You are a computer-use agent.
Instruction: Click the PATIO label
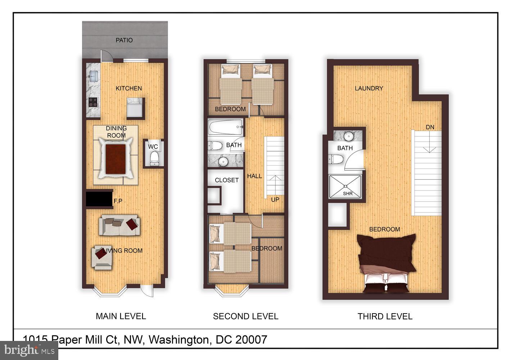point(124,40)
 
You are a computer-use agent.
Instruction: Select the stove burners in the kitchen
point(93,102)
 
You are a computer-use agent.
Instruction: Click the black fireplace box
point(99,199)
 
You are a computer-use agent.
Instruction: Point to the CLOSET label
point(227,180)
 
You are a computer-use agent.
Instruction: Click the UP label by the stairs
point(275,199)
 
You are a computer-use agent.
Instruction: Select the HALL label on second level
point(254,176)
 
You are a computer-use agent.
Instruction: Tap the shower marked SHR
point(345,186)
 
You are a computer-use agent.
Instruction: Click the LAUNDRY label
point(369,88)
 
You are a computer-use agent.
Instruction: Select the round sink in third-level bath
point(348,136)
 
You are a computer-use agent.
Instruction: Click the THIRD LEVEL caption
point(385,316)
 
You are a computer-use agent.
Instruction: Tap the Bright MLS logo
point(29,350)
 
